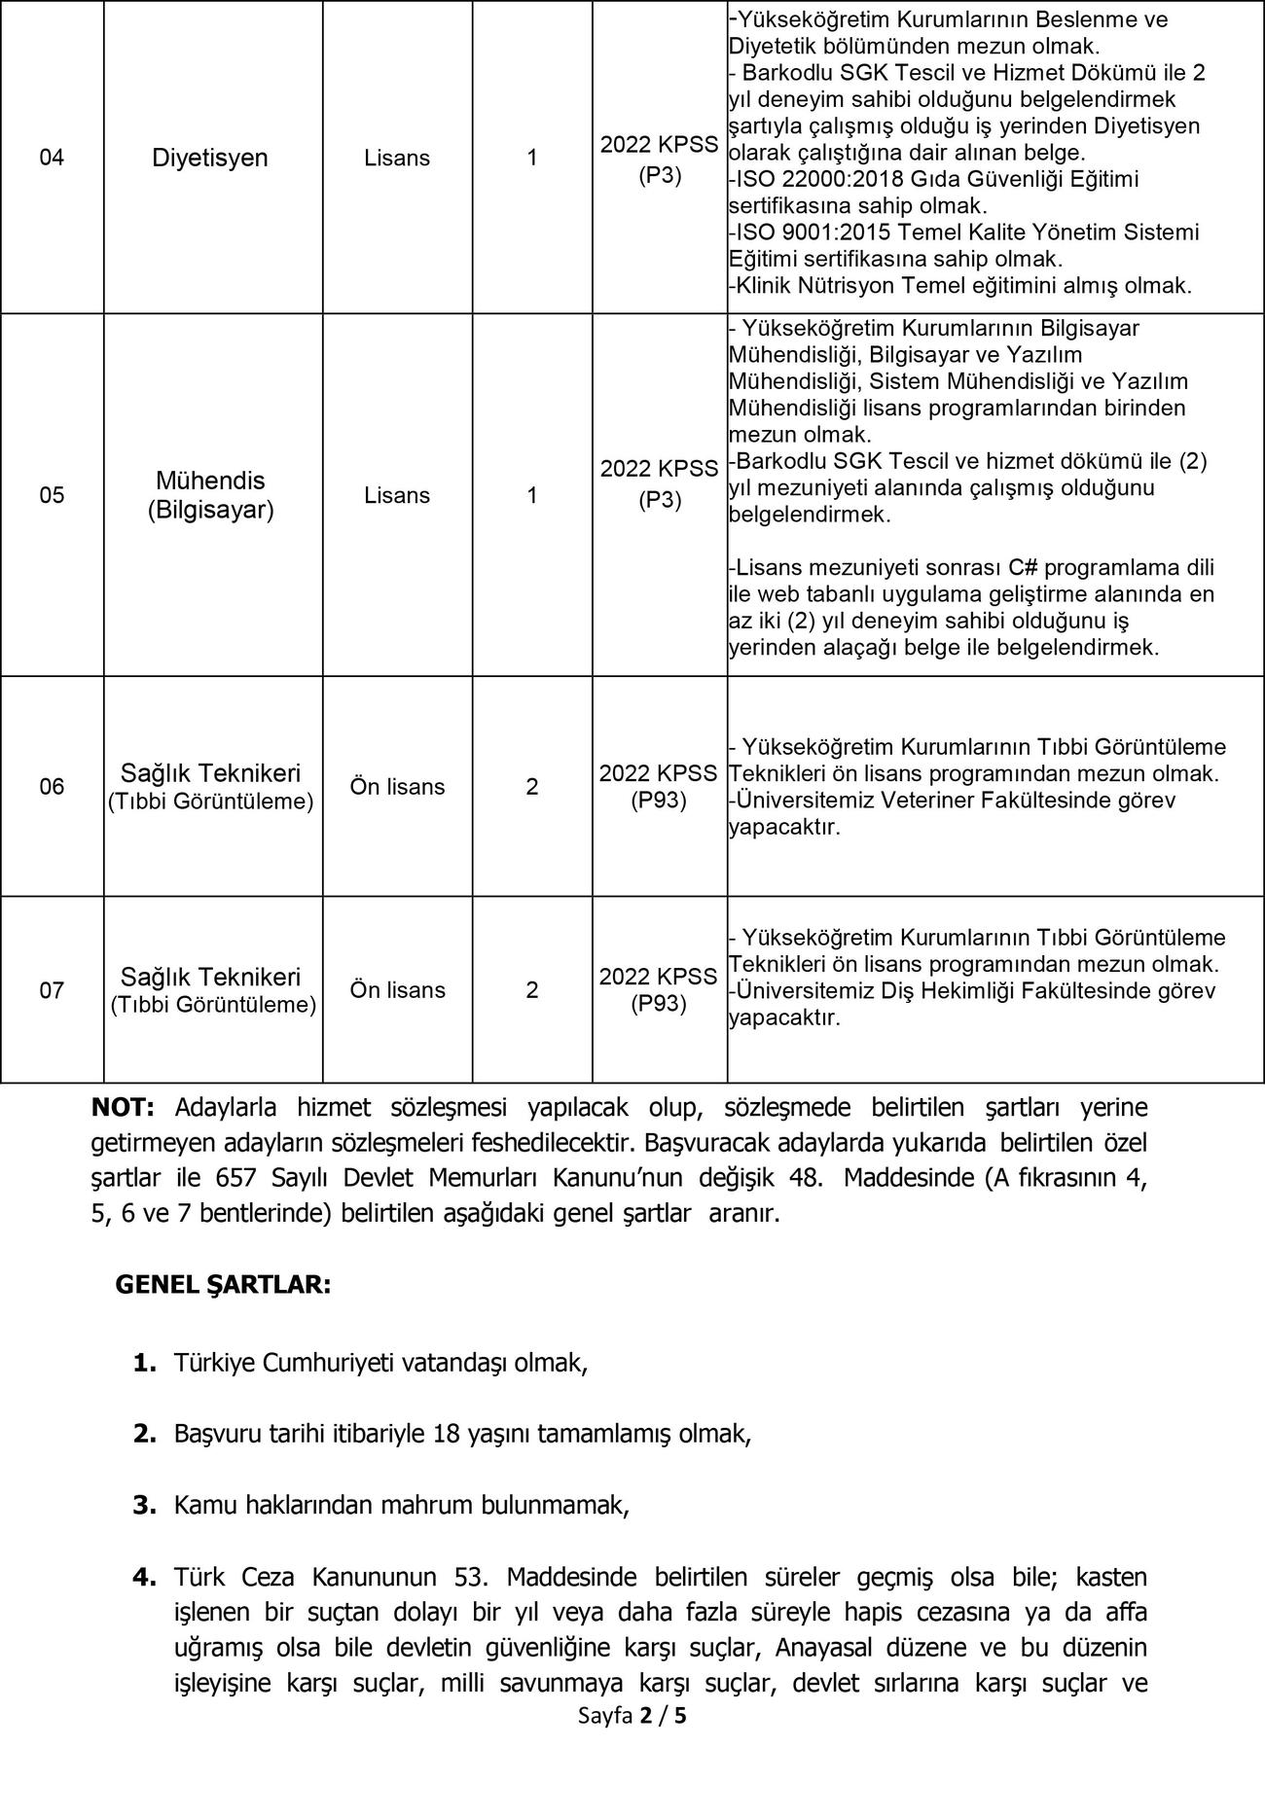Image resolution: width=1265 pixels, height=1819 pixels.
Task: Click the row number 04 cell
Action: [x=52, y=158]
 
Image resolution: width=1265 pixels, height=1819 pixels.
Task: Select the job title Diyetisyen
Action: [x=209, y=158]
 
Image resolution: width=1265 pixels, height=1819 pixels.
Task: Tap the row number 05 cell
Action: [x=52, y=495]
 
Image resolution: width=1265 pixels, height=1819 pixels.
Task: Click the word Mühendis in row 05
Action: [x=210, y=481]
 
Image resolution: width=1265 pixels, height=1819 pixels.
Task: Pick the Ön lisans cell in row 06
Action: [x=397, y=786]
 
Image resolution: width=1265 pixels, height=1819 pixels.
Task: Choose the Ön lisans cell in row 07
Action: [x=397, y=989]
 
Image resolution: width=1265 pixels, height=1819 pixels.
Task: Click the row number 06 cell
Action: [x=52, y=786]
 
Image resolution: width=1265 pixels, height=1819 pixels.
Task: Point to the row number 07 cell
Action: [x=52, y=990]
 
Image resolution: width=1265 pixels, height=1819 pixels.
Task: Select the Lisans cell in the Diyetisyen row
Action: [x=397, y=158]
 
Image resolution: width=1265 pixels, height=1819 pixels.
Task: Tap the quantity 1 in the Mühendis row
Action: [x=531, y=495]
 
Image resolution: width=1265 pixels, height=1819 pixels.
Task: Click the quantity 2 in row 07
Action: [x=531, y=989]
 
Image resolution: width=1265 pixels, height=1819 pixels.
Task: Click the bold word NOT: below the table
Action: [x=123, y=1107]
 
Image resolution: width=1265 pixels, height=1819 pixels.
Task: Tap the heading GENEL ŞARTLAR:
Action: [x=223, y=1284]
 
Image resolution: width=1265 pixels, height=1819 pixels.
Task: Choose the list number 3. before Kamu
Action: [x=144, y=1505]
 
